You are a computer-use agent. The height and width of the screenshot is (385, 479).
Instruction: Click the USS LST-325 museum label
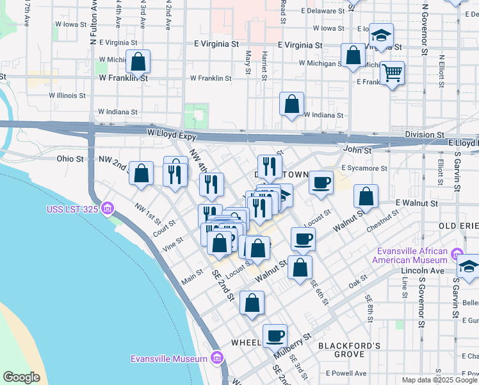point(72,209)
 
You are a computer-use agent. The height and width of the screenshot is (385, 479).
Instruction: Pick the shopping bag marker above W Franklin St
point(138,62)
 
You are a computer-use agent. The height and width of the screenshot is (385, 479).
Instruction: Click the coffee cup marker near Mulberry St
point(275,335)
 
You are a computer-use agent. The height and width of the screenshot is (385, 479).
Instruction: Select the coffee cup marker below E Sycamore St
point(321,182)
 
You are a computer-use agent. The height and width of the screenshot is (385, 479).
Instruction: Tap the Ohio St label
point(70,158)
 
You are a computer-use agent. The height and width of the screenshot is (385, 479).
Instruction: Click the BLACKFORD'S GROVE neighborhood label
point(350,350)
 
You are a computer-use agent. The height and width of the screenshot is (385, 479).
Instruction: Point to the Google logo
point(21,377)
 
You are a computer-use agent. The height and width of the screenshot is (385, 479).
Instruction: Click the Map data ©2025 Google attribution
point(439,380)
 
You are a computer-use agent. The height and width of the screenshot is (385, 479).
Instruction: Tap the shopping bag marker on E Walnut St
point(366,196)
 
